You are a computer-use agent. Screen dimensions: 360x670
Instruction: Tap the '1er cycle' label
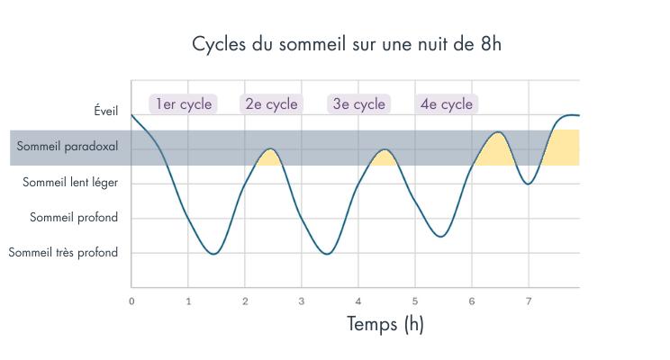tap(184, 103)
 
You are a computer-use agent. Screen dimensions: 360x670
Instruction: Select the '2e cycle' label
tap(271, 103)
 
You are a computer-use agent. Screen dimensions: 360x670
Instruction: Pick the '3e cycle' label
tap(358, 103)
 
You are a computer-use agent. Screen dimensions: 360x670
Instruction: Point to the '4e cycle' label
tap(447, 103)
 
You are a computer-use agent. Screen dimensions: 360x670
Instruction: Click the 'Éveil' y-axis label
tap(105, 111)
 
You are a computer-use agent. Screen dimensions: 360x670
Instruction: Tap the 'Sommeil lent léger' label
tap(70, 182)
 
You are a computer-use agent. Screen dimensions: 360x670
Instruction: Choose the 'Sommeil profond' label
tap(74, 217)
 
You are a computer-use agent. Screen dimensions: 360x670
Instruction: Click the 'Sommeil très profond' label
tap(63, 253)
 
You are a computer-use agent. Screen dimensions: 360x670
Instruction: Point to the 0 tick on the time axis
tap(131, 301)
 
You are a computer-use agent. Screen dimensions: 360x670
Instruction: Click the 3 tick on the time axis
tap(302, 301)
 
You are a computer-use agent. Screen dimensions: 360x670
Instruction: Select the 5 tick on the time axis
tap(415, 301)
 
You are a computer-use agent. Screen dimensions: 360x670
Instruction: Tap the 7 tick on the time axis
tap(529, 301)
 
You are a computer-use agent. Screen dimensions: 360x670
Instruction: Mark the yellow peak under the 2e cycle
tap(270, 157)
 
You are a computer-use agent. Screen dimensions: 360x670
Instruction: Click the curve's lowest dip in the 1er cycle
tap(213, 254)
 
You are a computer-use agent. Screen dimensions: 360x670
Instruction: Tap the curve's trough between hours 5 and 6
tap(439, 237)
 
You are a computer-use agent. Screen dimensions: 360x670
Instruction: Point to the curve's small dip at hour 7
tap(529, 184)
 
